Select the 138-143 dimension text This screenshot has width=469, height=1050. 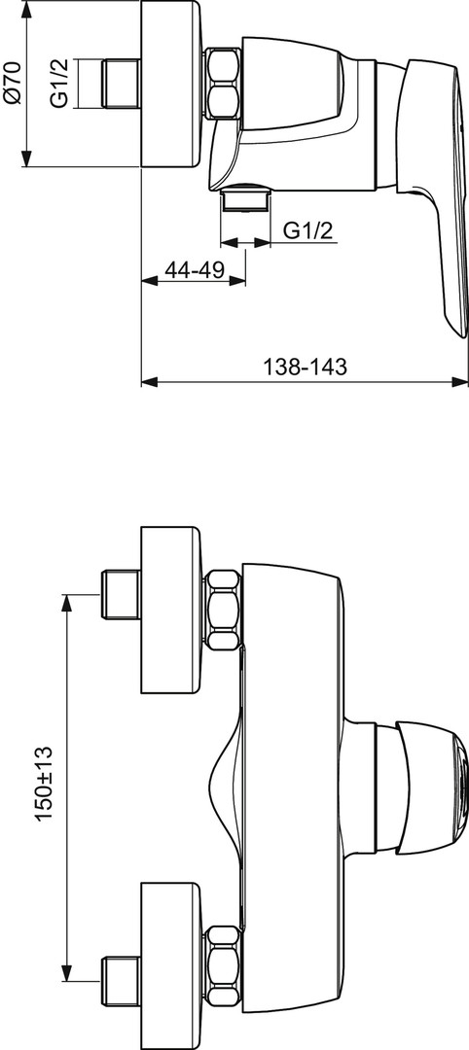[305, 367]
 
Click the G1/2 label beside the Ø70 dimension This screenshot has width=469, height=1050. [60, 84]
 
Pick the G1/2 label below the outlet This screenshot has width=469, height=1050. [307, 230]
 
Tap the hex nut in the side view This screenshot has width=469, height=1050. [223, 84]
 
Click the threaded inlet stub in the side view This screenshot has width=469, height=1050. [121, 84]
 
